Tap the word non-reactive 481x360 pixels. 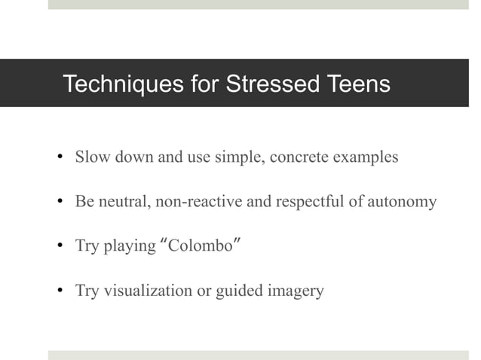(194, 202)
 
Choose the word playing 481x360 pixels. (127, 247)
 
